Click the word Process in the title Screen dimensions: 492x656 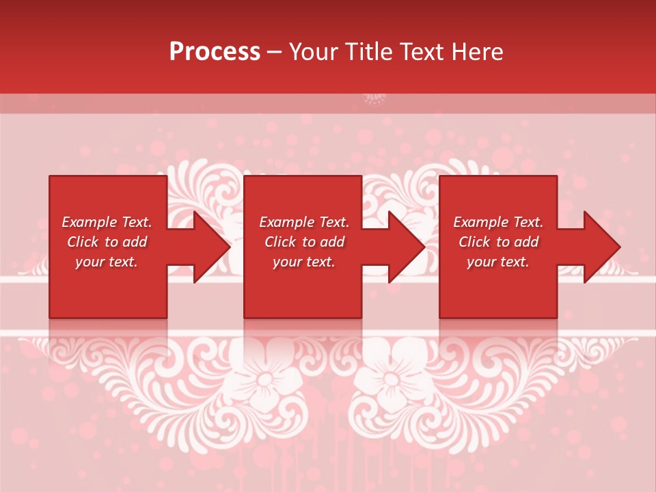point(215,52)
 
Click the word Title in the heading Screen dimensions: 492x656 point(368,52)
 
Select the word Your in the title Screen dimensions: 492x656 point(314,52)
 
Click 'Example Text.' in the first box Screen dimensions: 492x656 point(107,222)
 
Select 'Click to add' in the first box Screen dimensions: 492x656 point(107,242)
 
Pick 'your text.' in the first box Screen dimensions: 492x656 point(107,262)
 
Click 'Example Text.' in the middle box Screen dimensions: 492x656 point(304,222)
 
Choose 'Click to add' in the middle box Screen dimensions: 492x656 point(304,242)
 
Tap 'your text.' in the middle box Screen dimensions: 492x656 point(304,262)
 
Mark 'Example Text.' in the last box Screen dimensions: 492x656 point(498,222)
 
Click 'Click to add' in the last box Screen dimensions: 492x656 point(498,242)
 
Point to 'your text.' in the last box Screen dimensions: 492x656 point(498,262)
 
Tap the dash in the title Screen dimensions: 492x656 point(274,53)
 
